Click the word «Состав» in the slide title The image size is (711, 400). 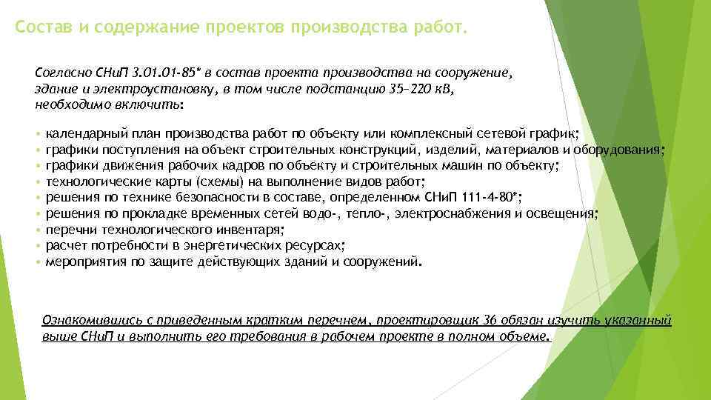pyautogui.click(x=41, y=28)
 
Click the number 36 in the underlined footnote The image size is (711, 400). pyautogui.click(x=490, y=320)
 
